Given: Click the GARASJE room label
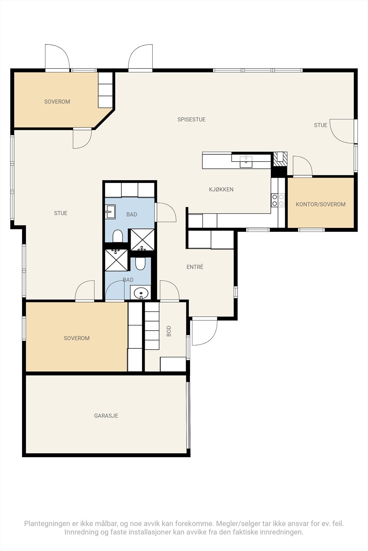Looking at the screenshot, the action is (106, 415).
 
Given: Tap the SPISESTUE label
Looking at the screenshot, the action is (191, 119).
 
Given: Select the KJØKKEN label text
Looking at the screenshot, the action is (221, 189).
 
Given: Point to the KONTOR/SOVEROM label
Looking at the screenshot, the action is (320, 204).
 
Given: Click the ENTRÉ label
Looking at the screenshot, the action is (195, 267).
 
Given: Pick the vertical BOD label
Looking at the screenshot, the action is (169, 331).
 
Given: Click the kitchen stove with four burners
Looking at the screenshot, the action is (278, 200).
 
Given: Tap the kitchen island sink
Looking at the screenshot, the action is (246, 162).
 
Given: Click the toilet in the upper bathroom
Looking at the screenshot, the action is (118, 236).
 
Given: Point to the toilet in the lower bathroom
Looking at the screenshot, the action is (140, 263).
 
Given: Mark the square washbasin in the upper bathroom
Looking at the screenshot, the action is (110, 212).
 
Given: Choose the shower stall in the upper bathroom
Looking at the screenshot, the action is (142, 240).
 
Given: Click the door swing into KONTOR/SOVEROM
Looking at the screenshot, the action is (302, 166).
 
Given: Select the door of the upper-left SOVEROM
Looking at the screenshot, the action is (82, 138).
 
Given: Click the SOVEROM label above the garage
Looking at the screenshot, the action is (77, 338).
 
